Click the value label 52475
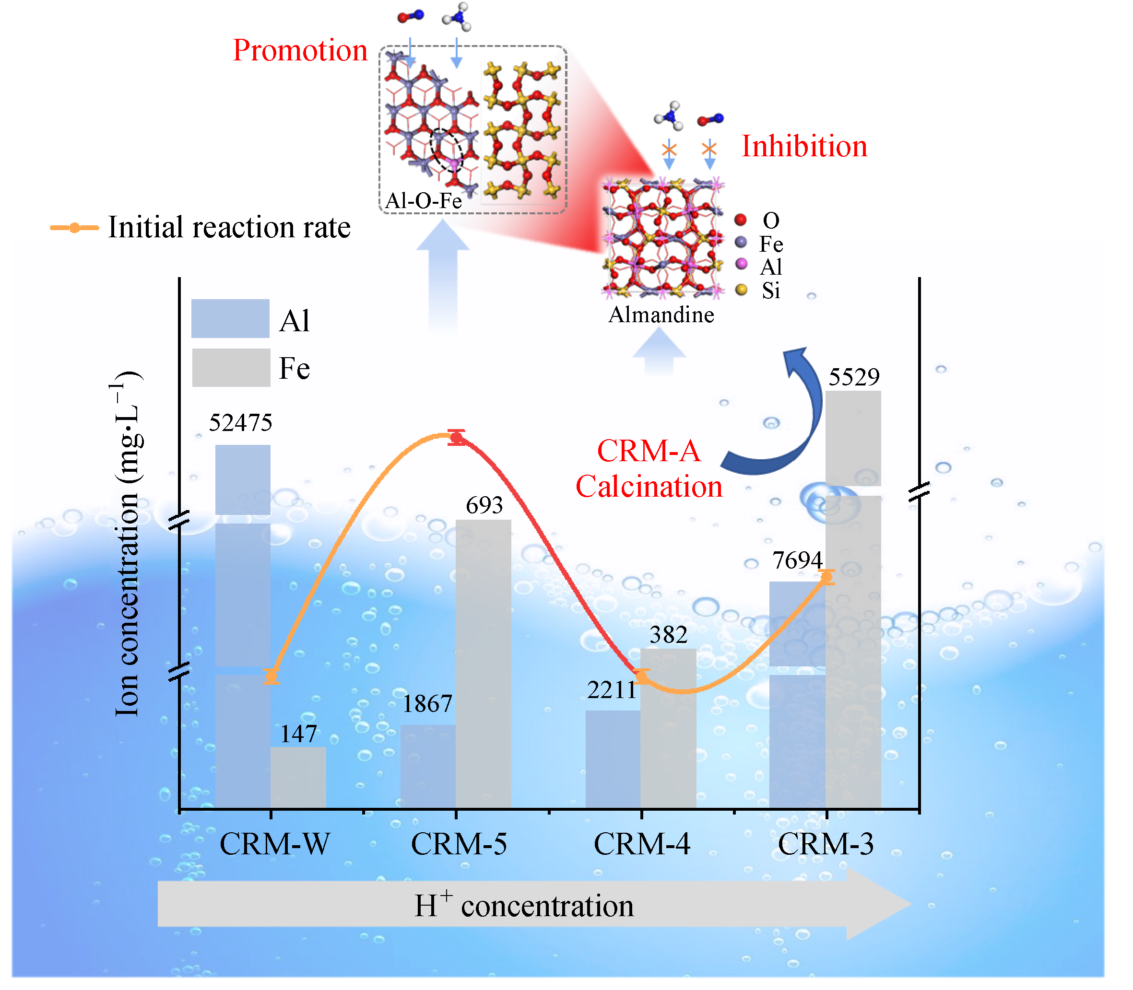pos(240,423)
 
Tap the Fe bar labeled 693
pos(483,663)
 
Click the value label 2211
pos(612,690)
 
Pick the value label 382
pos(668,635)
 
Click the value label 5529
pos(854,377)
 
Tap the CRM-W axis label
pos(275,844)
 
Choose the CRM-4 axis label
pos(642,844)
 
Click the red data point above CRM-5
pos(457,438)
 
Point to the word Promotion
pos(300,51)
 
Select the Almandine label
pos(661,315)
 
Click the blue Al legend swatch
pos(230,319)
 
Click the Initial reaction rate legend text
pos(229,227)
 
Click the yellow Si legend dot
pos(741,290)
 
